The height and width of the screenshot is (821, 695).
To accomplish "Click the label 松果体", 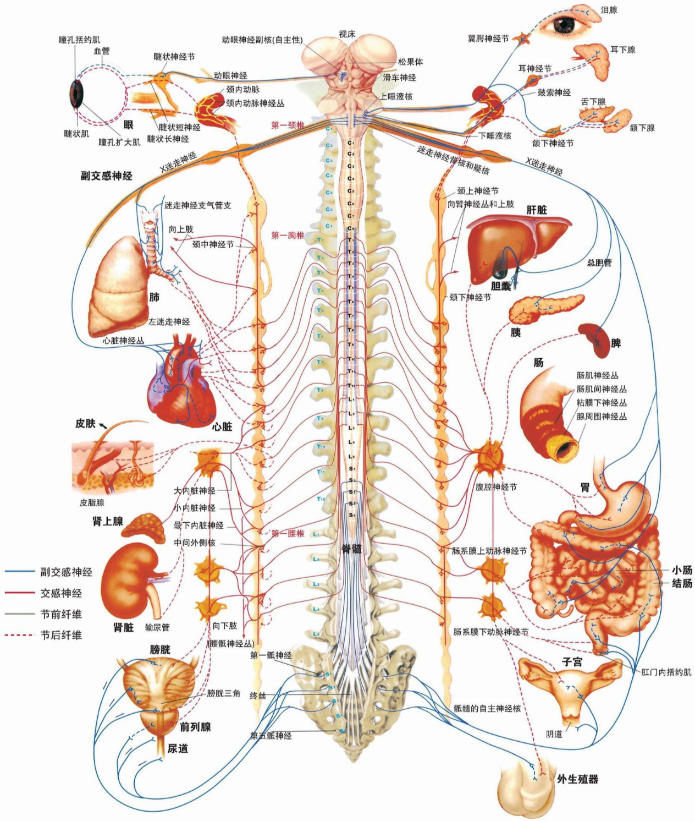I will click(411, 62).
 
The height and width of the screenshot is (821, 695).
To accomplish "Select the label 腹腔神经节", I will click(496, 487).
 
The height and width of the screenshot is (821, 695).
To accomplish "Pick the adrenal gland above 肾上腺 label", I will click(144, 526).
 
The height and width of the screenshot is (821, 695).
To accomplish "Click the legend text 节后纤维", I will click(62, 635).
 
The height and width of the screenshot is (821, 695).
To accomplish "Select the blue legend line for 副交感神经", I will click(19, 572).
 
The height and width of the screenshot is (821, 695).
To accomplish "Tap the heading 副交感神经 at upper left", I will click(107, 176).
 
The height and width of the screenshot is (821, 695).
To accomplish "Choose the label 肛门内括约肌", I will click(666, 672).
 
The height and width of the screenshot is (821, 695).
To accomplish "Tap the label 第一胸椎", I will click(288, 236).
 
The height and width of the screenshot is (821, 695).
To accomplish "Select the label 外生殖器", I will click(577, 779).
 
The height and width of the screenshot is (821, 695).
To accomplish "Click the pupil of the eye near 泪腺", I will click(564, 25).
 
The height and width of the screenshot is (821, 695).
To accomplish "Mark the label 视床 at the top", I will click(347, 34).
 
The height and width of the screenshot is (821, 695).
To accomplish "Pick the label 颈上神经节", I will click(478, 191).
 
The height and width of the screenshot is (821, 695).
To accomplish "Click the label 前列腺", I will click(196, 727).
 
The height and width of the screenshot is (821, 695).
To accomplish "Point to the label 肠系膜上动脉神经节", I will click(489, 550).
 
